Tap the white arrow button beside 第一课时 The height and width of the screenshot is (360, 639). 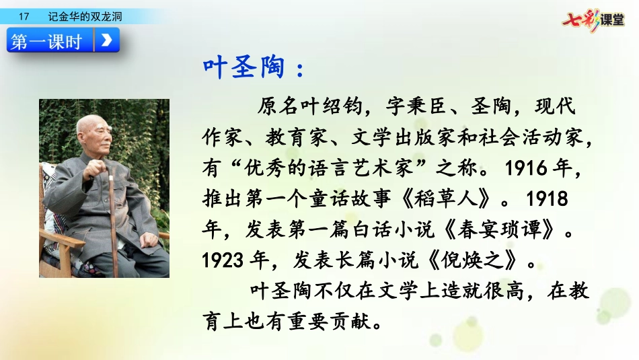[107, 40]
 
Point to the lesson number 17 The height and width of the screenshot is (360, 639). [24, 16]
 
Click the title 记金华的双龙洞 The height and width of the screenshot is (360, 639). [85, 16]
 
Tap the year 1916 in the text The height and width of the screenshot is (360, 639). [526, 168]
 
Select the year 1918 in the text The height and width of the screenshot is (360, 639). [547, 199]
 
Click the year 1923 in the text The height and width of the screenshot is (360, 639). [223, 260]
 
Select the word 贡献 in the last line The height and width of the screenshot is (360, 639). [350, 321]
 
